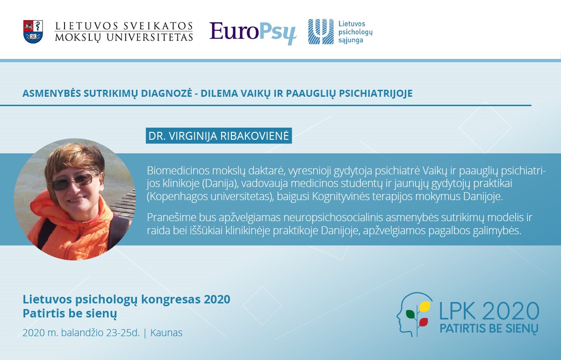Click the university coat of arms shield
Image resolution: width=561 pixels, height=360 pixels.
coord(33,32)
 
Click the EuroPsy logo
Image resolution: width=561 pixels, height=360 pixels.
coord(253,33)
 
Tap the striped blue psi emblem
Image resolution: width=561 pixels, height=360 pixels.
coord(321,32)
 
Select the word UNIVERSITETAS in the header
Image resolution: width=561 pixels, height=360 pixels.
coord(150,37)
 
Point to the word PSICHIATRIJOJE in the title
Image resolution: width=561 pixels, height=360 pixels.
coord(376,93)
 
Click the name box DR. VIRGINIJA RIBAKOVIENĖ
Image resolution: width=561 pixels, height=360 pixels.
coord(219,136)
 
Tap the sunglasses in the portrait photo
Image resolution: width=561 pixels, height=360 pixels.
coord(75,181)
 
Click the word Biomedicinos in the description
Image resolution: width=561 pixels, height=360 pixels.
coord(178,171)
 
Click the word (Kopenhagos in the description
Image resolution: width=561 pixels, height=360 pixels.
coord(177,197)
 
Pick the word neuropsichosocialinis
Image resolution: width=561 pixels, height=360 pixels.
coord(333,217)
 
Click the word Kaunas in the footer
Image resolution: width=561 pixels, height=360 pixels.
coord(166,333)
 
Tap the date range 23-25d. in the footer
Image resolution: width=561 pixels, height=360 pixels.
coord(123,333)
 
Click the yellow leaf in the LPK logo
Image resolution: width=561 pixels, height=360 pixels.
coord(425,306)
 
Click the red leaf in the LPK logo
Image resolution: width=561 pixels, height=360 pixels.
coord(423,322)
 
